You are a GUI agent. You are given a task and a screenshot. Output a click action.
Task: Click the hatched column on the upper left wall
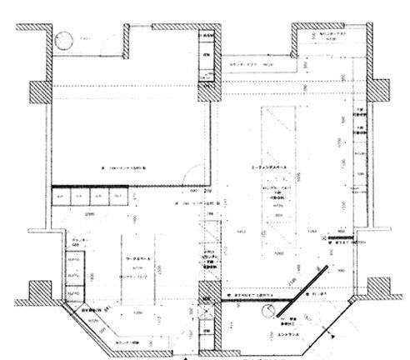[x=41, y=91]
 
